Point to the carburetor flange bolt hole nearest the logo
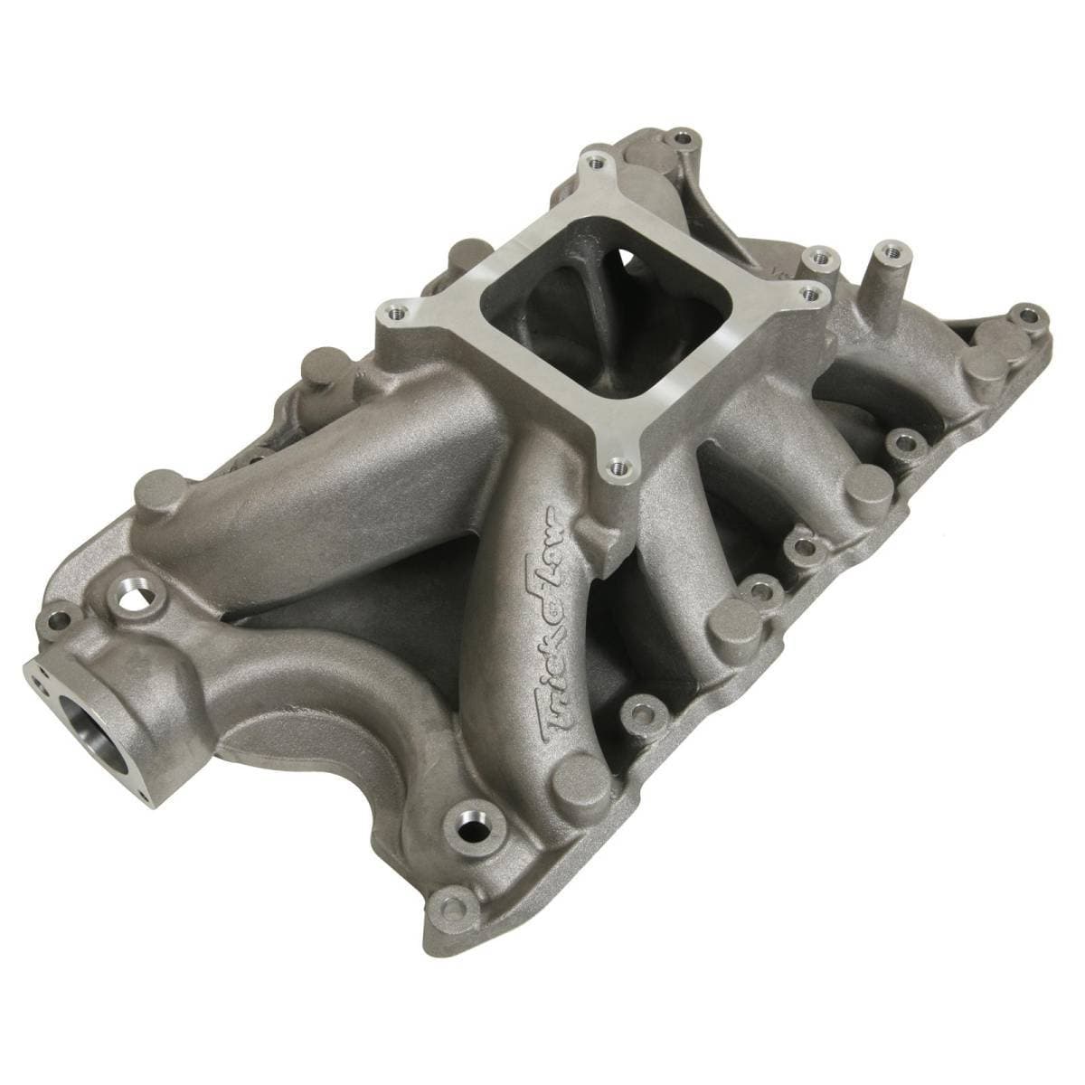point(618,467)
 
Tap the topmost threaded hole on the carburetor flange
point(594,163)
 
